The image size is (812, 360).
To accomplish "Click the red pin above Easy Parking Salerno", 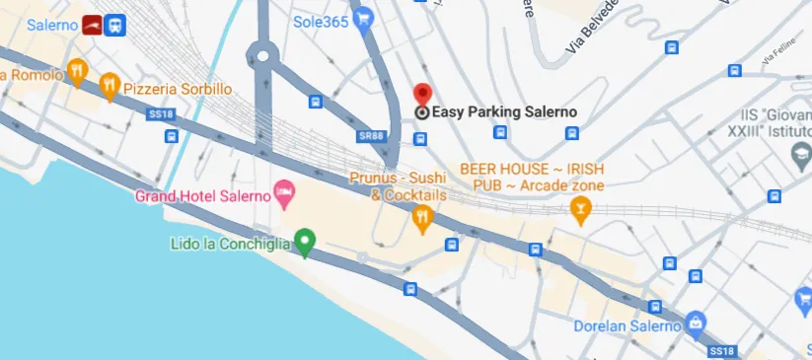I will [x=422, y=95].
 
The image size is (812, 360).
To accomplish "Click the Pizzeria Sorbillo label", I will [x=178, y=89].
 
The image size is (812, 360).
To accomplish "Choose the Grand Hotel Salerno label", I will [x=202, y=195].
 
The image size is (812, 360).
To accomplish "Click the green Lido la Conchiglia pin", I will [x=306, y=240].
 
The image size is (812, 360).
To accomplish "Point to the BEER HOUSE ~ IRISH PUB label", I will [x=533, y=177].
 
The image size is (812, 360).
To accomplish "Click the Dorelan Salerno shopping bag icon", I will [x=697, y=322].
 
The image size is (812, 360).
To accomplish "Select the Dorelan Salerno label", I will [x=628, y=325].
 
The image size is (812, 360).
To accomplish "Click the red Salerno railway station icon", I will [x=92, y=24].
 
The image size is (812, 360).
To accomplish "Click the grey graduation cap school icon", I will [x=801, y=154].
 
